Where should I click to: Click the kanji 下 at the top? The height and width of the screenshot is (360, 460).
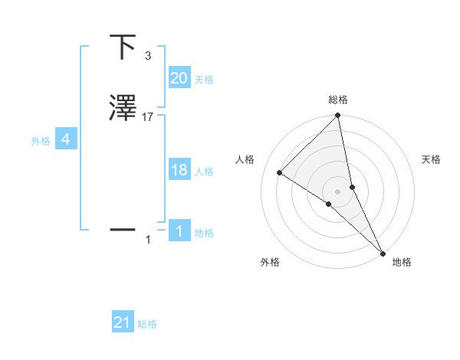123,47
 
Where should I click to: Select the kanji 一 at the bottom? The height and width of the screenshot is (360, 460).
123,228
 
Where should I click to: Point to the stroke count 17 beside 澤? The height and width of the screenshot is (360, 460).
148,117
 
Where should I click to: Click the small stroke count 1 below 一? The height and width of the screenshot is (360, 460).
148,240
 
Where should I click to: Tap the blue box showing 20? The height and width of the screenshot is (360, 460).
179,78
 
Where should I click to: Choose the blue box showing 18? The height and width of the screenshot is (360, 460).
179,170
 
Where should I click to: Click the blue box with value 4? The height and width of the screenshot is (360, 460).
65,139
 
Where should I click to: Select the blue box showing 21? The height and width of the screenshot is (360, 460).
123,322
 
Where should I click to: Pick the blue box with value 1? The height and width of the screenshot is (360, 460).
179,231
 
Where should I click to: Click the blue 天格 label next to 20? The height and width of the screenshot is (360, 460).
204,80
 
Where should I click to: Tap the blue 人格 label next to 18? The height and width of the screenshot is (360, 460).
204,172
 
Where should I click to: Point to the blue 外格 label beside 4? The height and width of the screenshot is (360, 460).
40,141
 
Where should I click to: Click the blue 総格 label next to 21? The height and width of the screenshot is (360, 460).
147,324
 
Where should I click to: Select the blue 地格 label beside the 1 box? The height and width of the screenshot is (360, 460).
204,233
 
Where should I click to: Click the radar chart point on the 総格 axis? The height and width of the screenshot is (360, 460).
338,116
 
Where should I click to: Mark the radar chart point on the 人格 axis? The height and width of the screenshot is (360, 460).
280,172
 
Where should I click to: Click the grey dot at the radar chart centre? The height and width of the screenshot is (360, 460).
338,191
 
